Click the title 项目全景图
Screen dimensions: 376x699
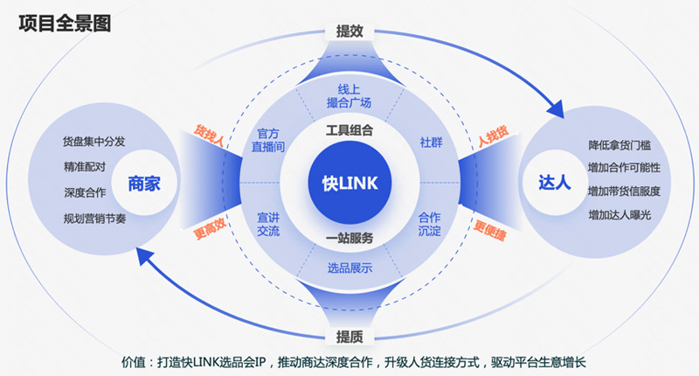(65, 24)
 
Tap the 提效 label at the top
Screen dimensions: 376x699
(349, 31)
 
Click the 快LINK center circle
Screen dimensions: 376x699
(349, 184)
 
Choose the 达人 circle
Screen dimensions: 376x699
(554, 184)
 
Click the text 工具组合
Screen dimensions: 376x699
(349, 131)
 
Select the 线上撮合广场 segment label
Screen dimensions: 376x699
(349, 96)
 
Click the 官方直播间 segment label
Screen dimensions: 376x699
(268, 141)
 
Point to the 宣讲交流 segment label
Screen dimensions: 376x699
(268, 224)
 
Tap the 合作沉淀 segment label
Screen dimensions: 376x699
(430, 224)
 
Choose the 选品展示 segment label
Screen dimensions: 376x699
(349, 268)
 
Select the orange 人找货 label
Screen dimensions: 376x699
(491, 137)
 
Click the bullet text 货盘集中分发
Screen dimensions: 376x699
(94, 141)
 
